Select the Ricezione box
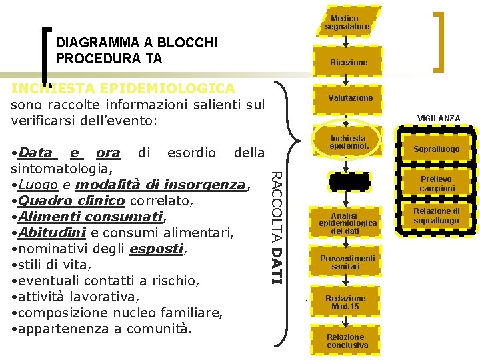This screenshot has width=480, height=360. [348, 62]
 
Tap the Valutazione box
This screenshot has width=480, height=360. [350, 97]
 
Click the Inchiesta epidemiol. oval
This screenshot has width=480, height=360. [348, 141]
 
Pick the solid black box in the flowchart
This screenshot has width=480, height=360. [348, 181]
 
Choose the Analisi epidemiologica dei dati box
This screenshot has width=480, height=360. [347, 221]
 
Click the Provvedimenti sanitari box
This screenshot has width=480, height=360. [347, 262]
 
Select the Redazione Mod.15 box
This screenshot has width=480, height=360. [346, 302]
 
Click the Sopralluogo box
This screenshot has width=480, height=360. [437, 149]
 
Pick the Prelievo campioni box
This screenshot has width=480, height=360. [437, 184]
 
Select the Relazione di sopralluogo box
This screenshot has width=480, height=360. [437, 216]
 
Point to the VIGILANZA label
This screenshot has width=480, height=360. [438, 118]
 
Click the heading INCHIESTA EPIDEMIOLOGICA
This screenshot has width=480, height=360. [123, 89]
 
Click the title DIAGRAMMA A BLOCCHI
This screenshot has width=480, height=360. [137, 43]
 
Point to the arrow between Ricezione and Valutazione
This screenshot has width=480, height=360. [347, 79]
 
